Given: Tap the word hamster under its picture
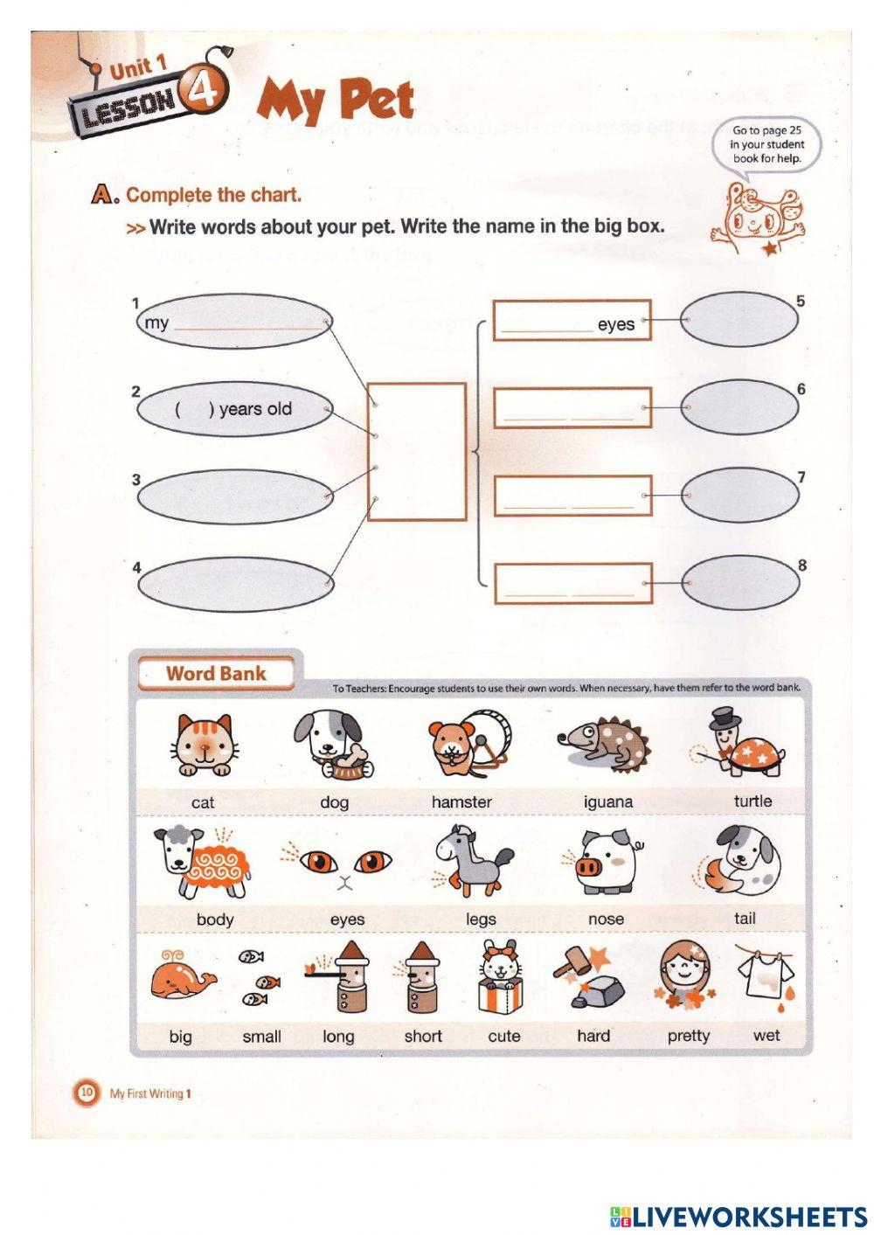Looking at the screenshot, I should click(461, 801).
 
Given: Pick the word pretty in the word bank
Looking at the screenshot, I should click(689, 1036).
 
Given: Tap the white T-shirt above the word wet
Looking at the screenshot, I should click(766, 975).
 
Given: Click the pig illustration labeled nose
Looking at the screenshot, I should click(608, 863).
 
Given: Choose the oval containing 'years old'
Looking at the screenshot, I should click(234, 409).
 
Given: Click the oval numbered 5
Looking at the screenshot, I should click(739, 320).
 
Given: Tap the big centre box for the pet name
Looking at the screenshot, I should click(416, 452).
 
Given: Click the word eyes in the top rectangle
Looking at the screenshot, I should click(616, 324).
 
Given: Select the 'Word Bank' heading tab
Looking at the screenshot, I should click(216, 673).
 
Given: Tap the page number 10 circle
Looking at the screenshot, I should click(87, 1092).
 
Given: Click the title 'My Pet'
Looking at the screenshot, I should click(336, 100).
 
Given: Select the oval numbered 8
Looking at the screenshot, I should click(740, 583).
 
